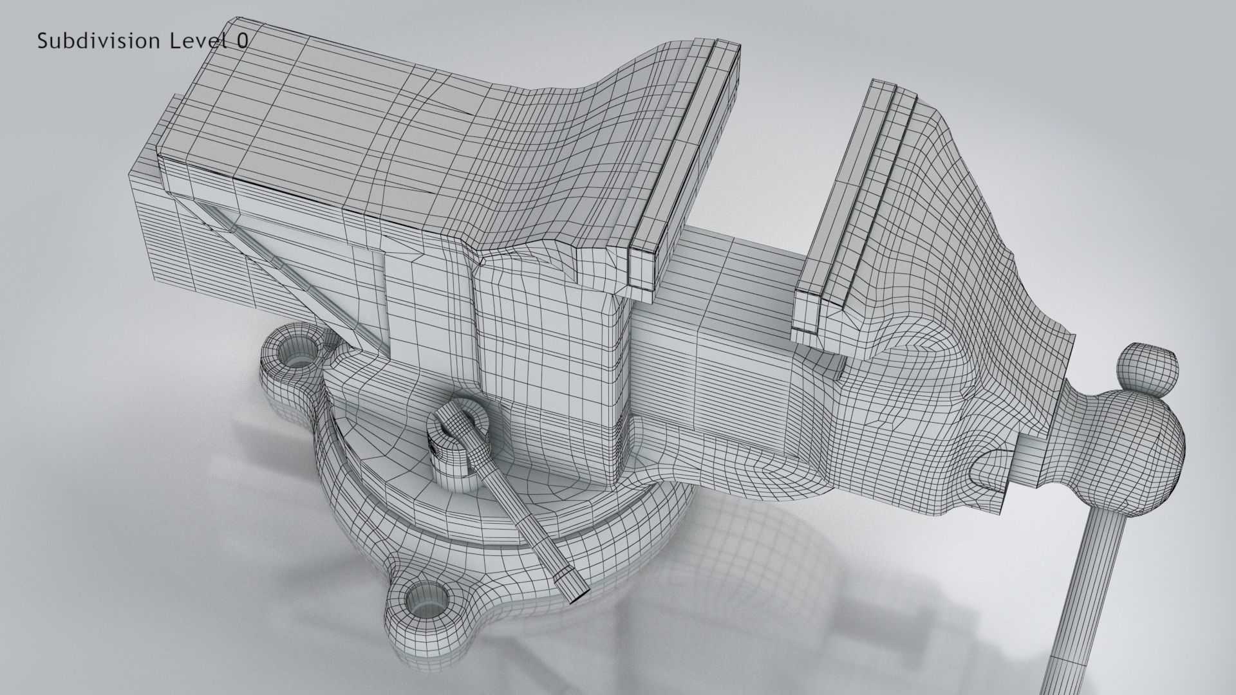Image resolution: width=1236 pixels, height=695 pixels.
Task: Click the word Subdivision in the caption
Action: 98,41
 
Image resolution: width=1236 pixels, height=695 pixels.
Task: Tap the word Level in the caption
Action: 196,41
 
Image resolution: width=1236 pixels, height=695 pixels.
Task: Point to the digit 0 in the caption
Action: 241,41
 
